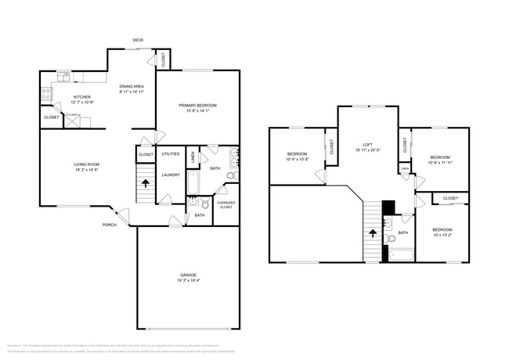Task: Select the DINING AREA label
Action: [x=131, y=86]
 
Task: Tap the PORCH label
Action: [x=109, y=225]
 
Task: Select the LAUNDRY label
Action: [x=171, y=175]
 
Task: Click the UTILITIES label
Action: [x=171, y=153]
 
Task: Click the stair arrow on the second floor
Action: [x=374, y=232]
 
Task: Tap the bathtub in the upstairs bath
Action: [x=402, y=254]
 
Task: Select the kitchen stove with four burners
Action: [x=46, y=94]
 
